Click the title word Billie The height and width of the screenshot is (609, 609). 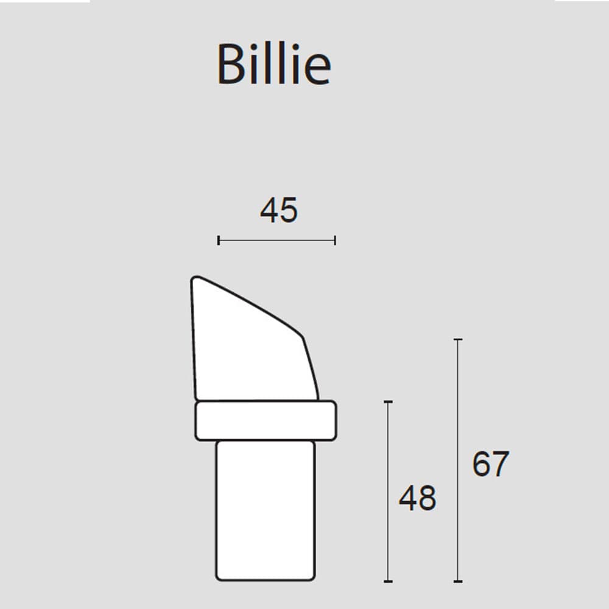[273, 64]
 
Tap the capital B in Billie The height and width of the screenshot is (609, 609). [230, 64]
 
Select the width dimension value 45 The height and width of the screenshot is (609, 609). [279, 211]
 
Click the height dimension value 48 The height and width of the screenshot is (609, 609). [418, 498]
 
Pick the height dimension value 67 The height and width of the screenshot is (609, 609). [490, 465]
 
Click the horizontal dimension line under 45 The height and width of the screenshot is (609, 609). [276, 241]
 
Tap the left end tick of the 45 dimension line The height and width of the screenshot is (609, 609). [219, 241]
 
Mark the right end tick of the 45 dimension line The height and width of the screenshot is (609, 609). [335, 241]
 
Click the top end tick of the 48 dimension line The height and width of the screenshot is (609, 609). [388, 402]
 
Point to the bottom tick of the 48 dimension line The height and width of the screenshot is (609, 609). [388, 581]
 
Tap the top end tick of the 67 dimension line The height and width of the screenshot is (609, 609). [459, 339]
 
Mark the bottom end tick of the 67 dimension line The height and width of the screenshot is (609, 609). [459, 581]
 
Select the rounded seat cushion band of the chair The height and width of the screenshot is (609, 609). [265, 420]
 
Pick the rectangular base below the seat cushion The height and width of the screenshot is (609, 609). [266, 510]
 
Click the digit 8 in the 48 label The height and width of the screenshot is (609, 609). [427, 498]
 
